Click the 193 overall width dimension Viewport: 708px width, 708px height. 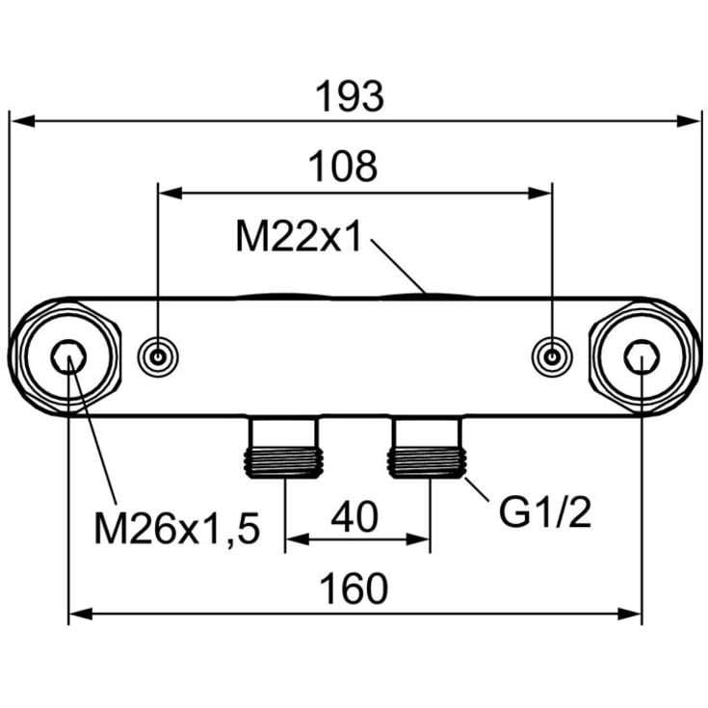pyautogui.click(x=350, y=96)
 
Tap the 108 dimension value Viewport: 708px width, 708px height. pyautogui.click(x=343, y=167)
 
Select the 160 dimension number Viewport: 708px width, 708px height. pyautogui.click(x=354, y=589)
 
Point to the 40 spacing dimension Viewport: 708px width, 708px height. pyautogui.click(x=354, y=516)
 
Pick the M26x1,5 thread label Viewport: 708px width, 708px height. pyautogui.click(x=177, y=529)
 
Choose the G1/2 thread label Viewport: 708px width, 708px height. pyautogui.click(x=545, y=512)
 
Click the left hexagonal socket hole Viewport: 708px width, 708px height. pyautogui.click(x=68, y=356)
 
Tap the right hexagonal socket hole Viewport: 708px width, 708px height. pyautogui.click(x=642, y=356)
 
